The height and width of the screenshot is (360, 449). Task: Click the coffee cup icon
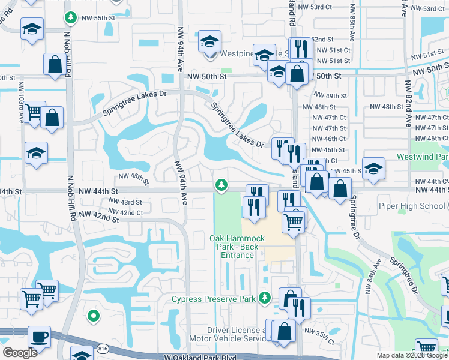[x=40, y=337]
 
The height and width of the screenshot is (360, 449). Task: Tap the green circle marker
[x=93, y=314]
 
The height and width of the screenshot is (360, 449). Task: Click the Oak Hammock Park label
[x=237, y=247]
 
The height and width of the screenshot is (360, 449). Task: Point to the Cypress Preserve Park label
[x=213, y=298]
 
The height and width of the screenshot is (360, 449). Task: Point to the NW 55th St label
[x=99, y=18]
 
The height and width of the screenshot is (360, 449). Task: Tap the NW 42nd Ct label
[x=127, y=212]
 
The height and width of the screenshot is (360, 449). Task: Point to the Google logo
[x=20, y=353]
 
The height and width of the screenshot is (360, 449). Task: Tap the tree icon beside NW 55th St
[x=71, y=18]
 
